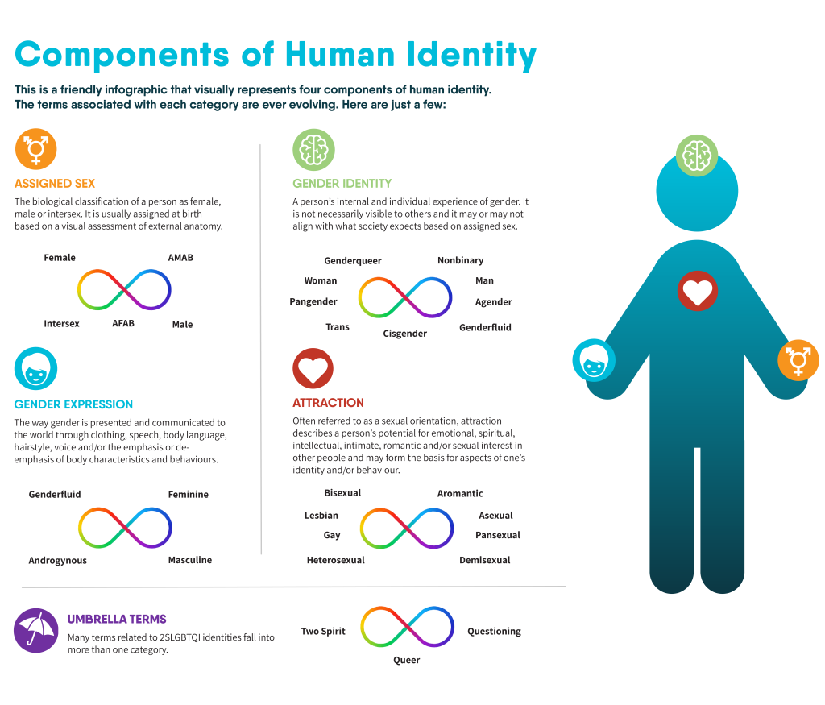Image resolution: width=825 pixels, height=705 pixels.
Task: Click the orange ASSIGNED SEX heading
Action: tap(55, 184)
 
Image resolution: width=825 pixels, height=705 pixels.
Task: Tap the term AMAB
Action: tap(180, 257)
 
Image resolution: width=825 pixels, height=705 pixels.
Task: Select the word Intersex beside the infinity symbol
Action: tap(61, 324)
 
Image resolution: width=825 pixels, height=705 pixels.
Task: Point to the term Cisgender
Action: tap(404, 334)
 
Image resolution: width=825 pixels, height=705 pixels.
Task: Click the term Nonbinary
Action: tap(460, 260)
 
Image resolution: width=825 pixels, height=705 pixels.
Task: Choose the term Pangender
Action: tap(313, 301)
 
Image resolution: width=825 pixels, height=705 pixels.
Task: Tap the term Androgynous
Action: tap(58, 560)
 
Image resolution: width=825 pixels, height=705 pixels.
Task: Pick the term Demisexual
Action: tap(484, 560)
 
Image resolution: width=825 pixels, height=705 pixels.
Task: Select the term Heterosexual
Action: tap(336, 560)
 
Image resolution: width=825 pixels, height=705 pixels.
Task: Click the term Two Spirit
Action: tap(323, 632)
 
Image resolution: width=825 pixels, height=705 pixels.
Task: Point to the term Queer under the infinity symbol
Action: tap(407, 660)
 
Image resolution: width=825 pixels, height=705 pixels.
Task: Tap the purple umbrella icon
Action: tap(35, 631)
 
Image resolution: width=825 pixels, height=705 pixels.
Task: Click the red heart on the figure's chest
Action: tap(697, 291)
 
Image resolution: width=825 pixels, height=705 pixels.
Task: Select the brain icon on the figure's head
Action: tap(697, 156)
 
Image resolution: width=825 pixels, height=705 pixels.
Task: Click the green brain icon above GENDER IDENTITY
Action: tap(313, 150)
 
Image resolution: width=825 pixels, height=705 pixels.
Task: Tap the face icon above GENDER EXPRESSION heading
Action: tap(35, 368)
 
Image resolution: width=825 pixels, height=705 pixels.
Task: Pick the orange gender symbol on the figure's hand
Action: tap(798, 360)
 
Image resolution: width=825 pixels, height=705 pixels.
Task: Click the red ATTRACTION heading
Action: tap(329, 403)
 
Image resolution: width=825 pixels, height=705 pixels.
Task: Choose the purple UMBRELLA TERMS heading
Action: tap(117, 620)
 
